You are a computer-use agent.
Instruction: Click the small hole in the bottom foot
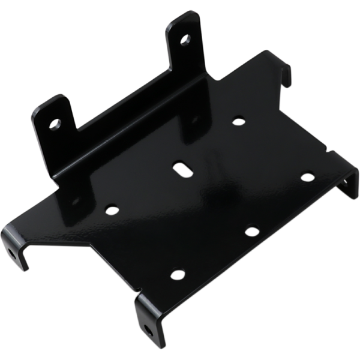(x=148, y=329)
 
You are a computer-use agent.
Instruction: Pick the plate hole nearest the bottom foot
(x=177, y=274)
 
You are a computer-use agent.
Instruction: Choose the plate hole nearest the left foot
(x=111, y=210)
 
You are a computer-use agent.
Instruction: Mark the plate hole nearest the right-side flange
(x=307, y=177)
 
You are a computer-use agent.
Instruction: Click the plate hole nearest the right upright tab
(x=239, y=121)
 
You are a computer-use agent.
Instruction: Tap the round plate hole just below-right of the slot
(x=252, y=231)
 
